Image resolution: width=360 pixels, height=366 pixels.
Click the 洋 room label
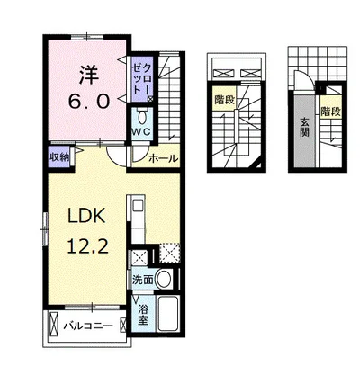coord(89,76)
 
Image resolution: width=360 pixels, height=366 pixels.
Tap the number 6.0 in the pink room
coord(88,101)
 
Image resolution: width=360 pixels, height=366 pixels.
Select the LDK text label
coord(86,216)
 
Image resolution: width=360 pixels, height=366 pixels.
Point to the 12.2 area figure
coord(87,247)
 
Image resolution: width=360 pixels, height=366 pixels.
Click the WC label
coord(142,132)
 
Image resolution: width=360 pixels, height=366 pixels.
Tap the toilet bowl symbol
coord(142,116)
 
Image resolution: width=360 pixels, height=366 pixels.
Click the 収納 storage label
coord(59,157)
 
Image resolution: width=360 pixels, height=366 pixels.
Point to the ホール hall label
coord(163,158)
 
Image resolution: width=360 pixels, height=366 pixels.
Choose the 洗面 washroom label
coord(143,280)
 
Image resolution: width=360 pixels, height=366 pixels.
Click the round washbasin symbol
coord(165,279)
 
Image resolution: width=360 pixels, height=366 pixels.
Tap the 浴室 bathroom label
coord(143,315)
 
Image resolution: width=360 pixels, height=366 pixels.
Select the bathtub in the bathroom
coord(168,313)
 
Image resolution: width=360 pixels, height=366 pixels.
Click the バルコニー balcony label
coord(88,326)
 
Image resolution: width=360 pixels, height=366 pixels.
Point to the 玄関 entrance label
coord(304,128)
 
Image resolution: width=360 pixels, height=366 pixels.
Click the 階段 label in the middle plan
coord(224,100)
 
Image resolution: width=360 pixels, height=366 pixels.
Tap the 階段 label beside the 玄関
coord(331,112)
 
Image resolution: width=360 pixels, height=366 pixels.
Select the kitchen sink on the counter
coord(139,205)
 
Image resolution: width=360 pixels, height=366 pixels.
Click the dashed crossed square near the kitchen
coord(169,254)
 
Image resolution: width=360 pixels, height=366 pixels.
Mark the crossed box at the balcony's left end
coord(54,324)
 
